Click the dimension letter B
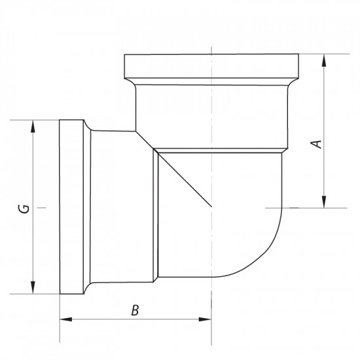pyautogui.click(x=135, y=310)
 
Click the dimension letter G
pyautogui.click(x=23, y=209)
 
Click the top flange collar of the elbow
pyautogui.click(x=211, y=65)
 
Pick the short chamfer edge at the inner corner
pyautogui.click(x=145, y=139)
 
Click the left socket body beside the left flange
pyautogui.click(x=121, y=207)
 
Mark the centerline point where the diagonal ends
pyautogui.click(x=211, y=207)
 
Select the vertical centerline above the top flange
pyautogui.click(x=211, y=49)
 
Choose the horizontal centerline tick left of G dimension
pyautogui.click(x=42, y=207)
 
